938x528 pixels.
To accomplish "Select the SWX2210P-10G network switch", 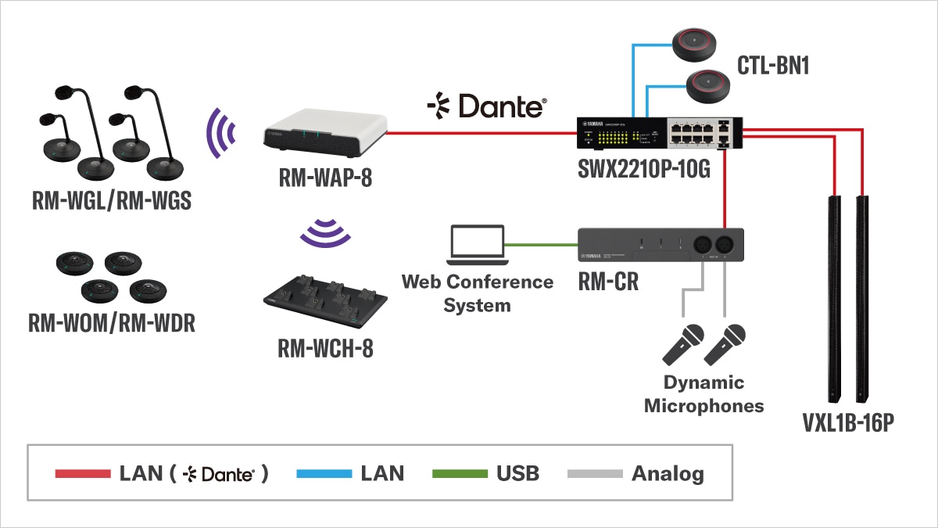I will click(x=660, y=134).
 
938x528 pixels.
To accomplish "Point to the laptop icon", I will click(x=476, y=245).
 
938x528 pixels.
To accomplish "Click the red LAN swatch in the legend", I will click(x=82, y=473).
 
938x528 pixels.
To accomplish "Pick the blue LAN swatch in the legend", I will click(x=325, y=473).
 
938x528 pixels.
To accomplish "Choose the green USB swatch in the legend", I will click(x=460, y=473).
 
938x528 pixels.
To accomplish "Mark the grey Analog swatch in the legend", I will click(x=595, y=473).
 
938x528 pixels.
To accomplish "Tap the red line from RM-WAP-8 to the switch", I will click(x=481, y=133).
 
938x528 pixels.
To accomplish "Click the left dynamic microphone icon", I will click(x=682, y=344).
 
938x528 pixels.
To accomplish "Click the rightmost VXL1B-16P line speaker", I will click(x=863, y=297).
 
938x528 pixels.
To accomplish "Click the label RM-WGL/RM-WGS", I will click(x=111, y=201).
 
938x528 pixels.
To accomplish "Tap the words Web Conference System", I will click(x=477, y=293).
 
